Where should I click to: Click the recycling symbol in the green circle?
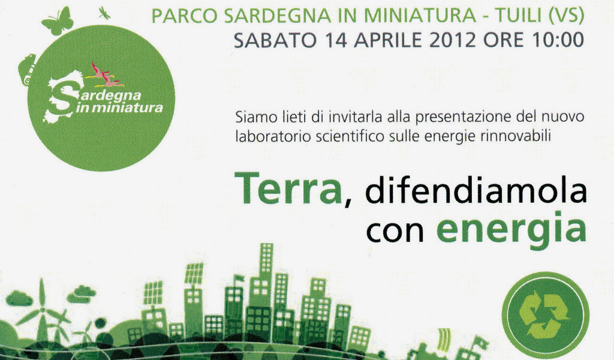(547, 317)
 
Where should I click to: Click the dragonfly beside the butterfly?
(104, 12)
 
